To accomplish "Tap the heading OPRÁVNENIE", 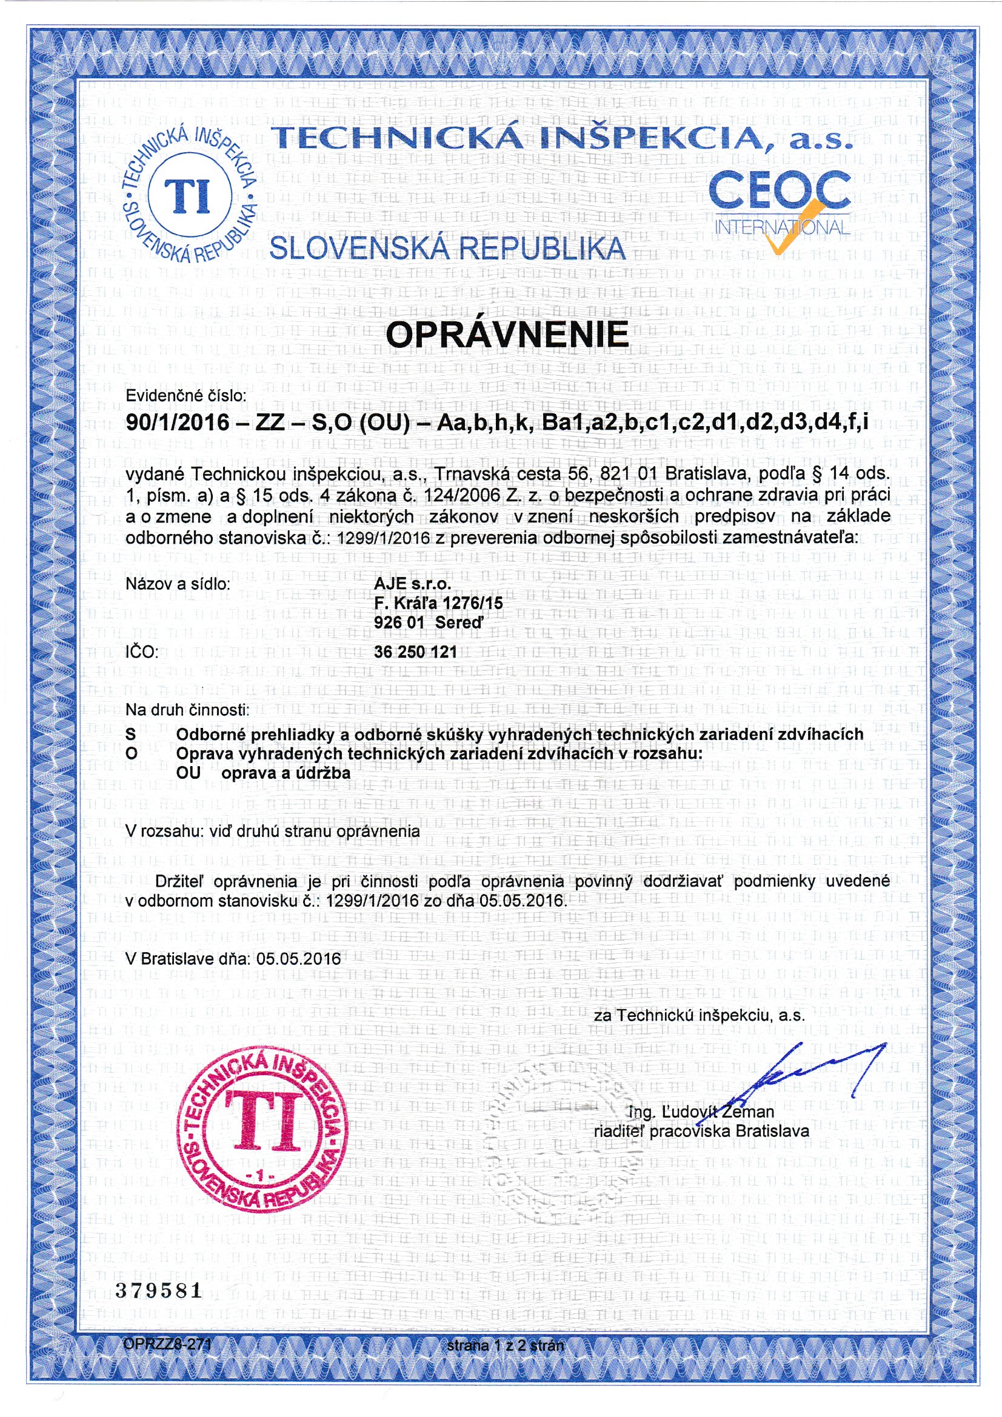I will click(x=507, y=334).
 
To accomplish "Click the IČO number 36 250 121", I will click(x=415, y=652).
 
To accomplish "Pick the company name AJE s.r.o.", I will click(x=412, y=583).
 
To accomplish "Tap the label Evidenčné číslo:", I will click(x=186, y=396).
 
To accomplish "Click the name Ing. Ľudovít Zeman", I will click(x=700, y=1112).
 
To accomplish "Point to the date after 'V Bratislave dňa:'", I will click(x=299, y=958).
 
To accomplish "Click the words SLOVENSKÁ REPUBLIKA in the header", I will click(x=447, y=248).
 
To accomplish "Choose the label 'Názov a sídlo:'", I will click(x=178, y=583).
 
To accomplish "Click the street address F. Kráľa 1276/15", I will click(x=438, y=602).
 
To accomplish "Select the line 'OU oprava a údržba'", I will click(x=263, y=773).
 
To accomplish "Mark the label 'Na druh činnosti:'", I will click(x=187, y=710).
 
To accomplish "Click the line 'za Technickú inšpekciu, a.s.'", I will click(x=699, y=1015).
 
